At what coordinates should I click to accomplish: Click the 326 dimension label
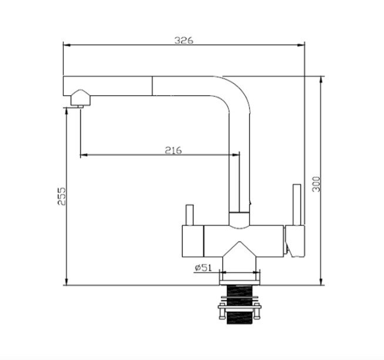[184, 40]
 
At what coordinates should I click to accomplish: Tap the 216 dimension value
[173, 150]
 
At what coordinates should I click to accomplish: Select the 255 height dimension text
[62, 196]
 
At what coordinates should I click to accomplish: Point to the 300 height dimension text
[316, 184]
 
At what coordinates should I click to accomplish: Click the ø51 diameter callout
[203, 268]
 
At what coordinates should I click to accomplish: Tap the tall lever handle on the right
[297, 204]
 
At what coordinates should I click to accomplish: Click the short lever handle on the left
[190, 215]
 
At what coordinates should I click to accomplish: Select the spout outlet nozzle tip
[80, 106]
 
